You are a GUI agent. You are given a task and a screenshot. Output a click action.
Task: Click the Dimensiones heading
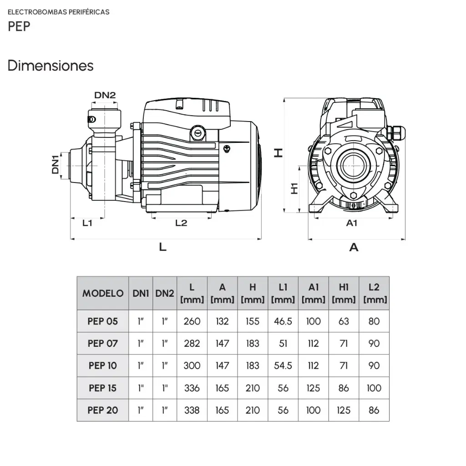(51, 66)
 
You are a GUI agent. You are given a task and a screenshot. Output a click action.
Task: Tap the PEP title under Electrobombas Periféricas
(19, 26)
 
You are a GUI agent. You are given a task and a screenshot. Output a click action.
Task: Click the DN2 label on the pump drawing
(105, 95)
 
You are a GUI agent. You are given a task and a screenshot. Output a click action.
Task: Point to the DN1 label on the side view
(55, 164)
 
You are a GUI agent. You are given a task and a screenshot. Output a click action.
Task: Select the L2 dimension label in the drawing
(181, 223)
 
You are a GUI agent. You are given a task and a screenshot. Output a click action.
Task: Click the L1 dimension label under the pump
(87, 223)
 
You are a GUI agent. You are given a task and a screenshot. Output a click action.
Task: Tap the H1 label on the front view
(294, 188)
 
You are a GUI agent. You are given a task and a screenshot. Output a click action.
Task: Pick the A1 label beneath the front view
(352, 223)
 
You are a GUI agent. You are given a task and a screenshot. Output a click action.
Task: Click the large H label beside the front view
(278, 153)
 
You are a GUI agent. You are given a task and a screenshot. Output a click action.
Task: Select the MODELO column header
(103, 294)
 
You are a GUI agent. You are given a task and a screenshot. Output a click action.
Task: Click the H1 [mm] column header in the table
(344, 294)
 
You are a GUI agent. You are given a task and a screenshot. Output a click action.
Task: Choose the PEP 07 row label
(103, 344)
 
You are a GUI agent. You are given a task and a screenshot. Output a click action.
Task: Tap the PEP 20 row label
(103, 410)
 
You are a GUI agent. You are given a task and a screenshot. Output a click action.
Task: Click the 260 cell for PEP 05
(192, 321)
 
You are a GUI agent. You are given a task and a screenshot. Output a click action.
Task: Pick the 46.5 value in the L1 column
(283, 321)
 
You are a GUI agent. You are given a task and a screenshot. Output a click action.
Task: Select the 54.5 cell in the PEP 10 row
(283, 365)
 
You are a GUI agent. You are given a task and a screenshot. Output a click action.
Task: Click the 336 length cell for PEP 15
(192, 388)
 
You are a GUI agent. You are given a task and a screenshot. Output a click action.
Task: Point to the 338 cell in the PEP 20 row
(192, 410)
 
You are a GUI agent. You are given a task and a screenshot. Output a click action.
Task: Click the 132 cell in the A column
(222, 321)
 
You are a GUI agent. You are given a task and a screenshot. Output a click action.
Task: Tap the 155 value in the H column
(253, 321)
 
